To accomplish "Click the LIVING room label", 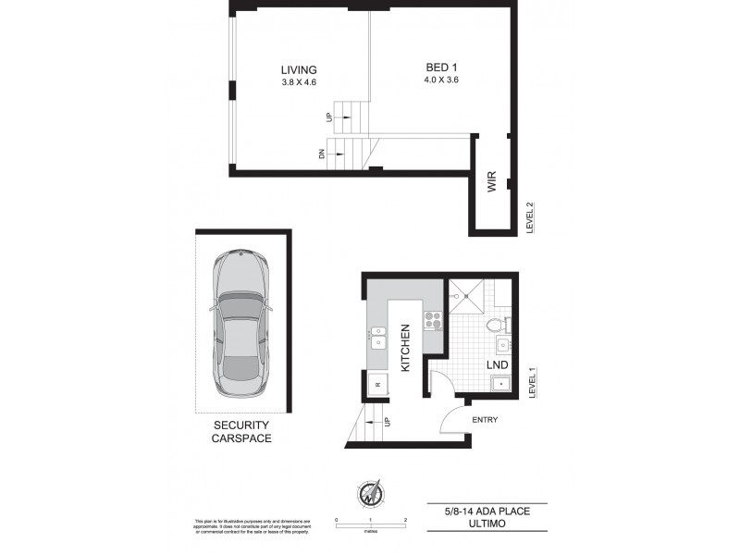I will tap(300, 69).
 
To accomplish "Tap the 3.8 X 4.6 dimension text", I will tap(300, 83).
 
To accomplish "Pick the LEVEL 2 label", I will tap(530, 219).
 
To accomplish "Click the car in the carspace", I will tap(240, 329).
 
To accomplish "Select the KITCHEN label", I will tap(404, 347).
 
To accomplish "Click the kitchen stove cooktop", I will tap(433, 321).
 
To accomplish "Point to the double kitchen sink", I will tap(380, 337).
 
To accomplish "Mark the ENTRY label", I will tap(486, 420).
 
